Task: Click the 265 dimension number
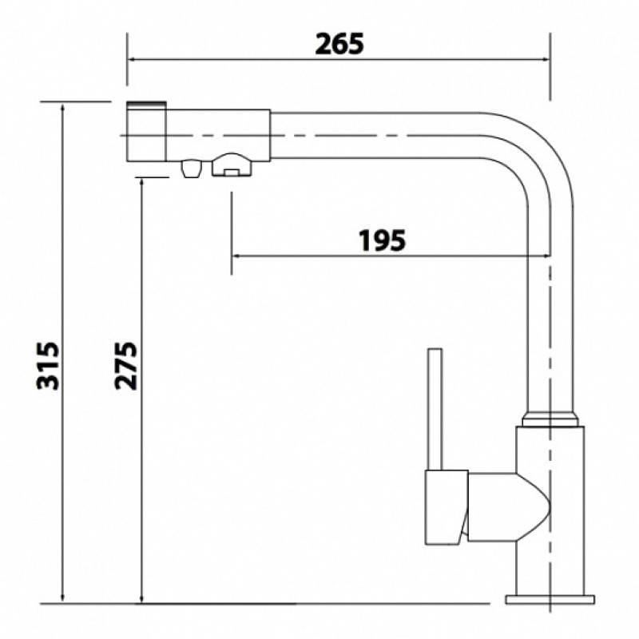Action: tap(339, 44)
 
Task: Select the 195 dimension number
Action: tap(383, 240)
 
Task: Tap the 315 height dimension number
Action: tap(48, 366)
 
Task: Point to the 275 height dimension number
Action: tap(126, 366)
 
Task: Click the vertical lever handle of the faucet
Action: tap(435, 409)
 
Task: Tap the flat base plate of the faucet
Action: tap(550, 600)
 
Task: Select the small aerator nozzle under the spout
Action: tap(191, 169)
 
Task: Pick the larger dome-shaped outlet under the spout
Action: tap(232, 165)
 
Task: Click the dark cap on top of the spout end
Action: tap(147, 104)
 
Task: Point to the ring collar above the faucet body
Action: tap(550, 419)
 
